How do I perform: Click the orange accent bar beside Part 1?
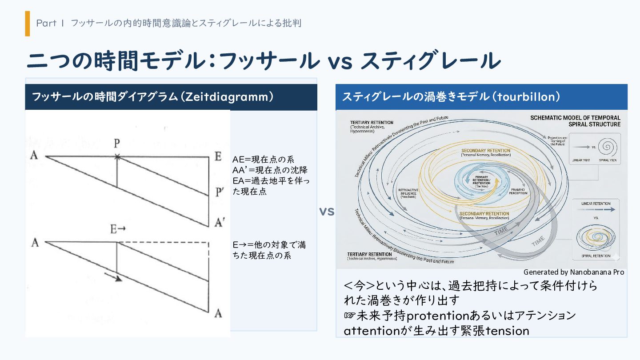(x=28, y=24)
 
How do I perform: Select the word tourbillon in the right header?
(x=528, y=97)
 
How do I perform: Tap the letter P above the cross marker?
(x=117, y=144)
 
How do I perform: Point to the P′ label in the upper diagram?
(x=219, y=192)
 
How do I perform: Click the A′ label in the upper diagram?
(x=219, y=222)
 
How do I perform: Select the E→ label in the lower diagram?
(x=118, y=229)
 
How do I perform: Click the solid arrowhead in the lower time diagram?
(x=117, y=279)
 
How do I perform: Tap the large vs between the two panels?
(x=327, y=212)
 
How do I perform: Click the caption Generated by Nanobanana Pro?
(x=573, y=272)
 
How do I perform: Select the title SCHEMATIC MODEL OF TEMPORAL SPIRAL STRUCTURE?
(x=576, y=121)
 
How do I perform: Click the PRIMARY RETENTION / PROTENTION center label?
(x=481, y=181)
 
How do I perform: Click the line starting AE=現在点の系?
(x=263, y=160)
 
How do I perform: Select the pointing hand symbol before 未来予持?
(x=350, y=316)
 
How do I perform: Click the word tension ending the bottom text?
(x=507, y=331)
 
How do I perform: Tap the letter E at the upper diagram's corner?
(x=218, y=156)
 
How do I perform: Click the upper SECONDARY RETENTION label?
(x=486, y=151)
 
